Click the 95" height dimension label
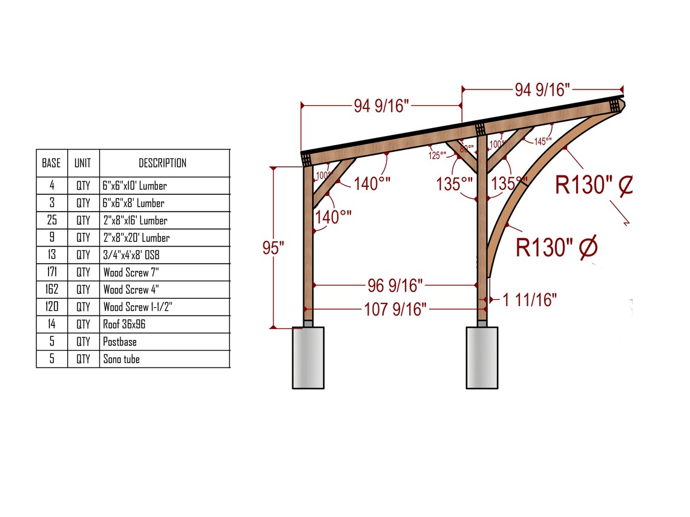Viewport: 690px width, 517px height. tap(274, 249)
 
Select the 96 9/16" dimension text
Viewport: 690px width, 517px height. tap(395, 284)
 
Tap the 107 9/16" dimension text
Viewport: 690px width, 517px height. tap(395, 310)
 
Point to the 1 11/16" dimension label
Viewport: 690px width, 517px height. tap(530, 299)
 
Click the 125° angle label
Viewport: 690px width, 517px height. tap(437, 155)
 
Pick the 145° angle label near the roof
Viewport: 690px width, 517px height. tap(543, 141)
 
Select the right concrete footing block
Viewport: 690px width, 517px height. tap(482, 357)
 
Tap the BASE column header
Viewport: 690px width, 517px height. tap(51, 163)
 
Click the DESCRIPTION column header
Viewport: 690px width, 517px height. tap(162, 163)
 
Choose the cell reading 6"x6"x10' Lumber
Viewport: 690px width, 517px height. tap(134, 186)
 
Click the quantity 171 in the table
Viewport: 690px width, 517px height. tap(51, 273)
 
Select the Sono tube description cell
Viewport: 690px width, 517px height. tap(121, 359)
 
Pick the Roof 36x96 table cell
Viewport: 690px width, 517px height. tap(124, 325)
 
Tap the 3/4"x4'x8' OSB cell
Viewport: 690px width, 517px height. tap(131, 255)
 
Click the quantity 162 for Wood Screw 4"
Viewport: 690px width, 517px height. tap(51, 290)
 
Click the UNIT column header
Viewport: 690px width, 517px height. tap(83, 163)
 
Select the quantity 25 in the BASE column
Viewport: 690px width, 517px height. tap(51, 221)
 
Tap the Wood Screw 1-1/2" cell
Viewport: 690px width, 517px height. tap(137, 307)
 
